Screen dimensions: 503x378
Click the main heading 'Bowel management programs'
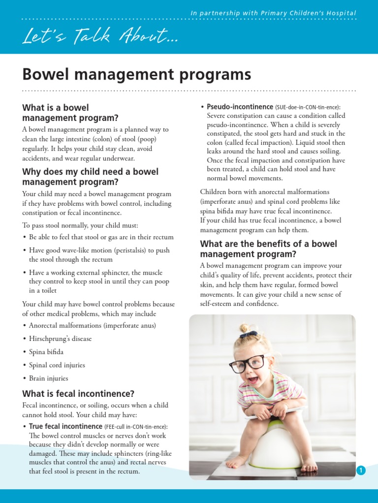(136, 75)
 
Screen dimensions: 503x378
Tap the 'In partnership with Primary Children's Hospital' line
(273, 13)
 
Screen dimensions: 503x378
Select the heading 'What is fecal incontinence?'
(78, 393)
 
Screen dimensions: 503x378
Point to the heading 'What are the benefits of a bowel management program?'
(268, 249)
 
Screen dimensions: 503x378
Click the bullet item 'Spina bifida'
(46, 352)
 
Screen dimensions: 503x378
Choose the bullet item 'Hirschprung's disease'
(60, 339)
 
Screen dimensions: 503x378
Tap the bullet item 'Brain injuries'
(48, 379)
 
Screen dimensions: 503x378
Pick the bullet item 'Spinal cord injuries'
(57, 365)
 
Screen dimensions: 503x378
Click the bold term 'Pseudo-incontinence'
(240, 107)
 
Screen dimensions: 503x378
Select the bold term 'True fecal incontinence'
(65, 426)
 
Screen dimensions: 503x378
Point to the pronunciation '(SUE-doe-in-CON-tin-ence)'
(308, 107)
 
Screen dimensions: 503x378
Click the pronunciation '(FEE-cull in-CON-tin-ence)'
(136, 427)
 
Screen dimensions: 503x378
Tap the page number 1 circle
(361, 471)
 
